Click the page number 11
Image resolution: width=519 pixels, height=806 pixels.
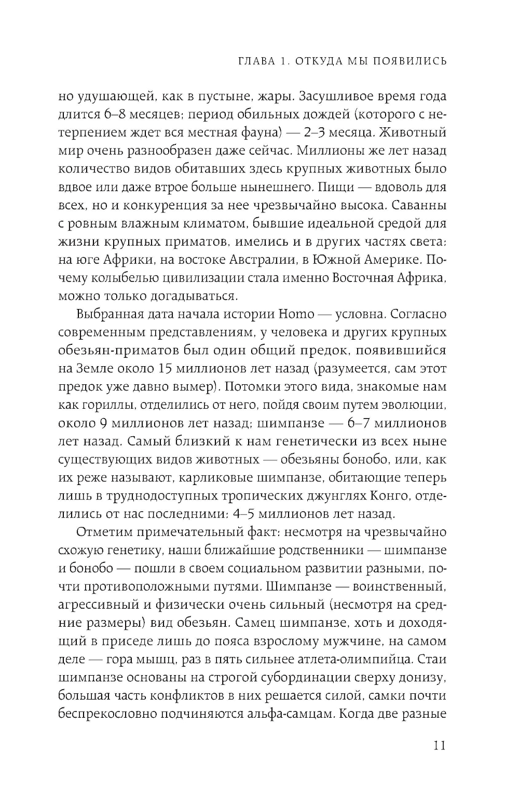[438, 746]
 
